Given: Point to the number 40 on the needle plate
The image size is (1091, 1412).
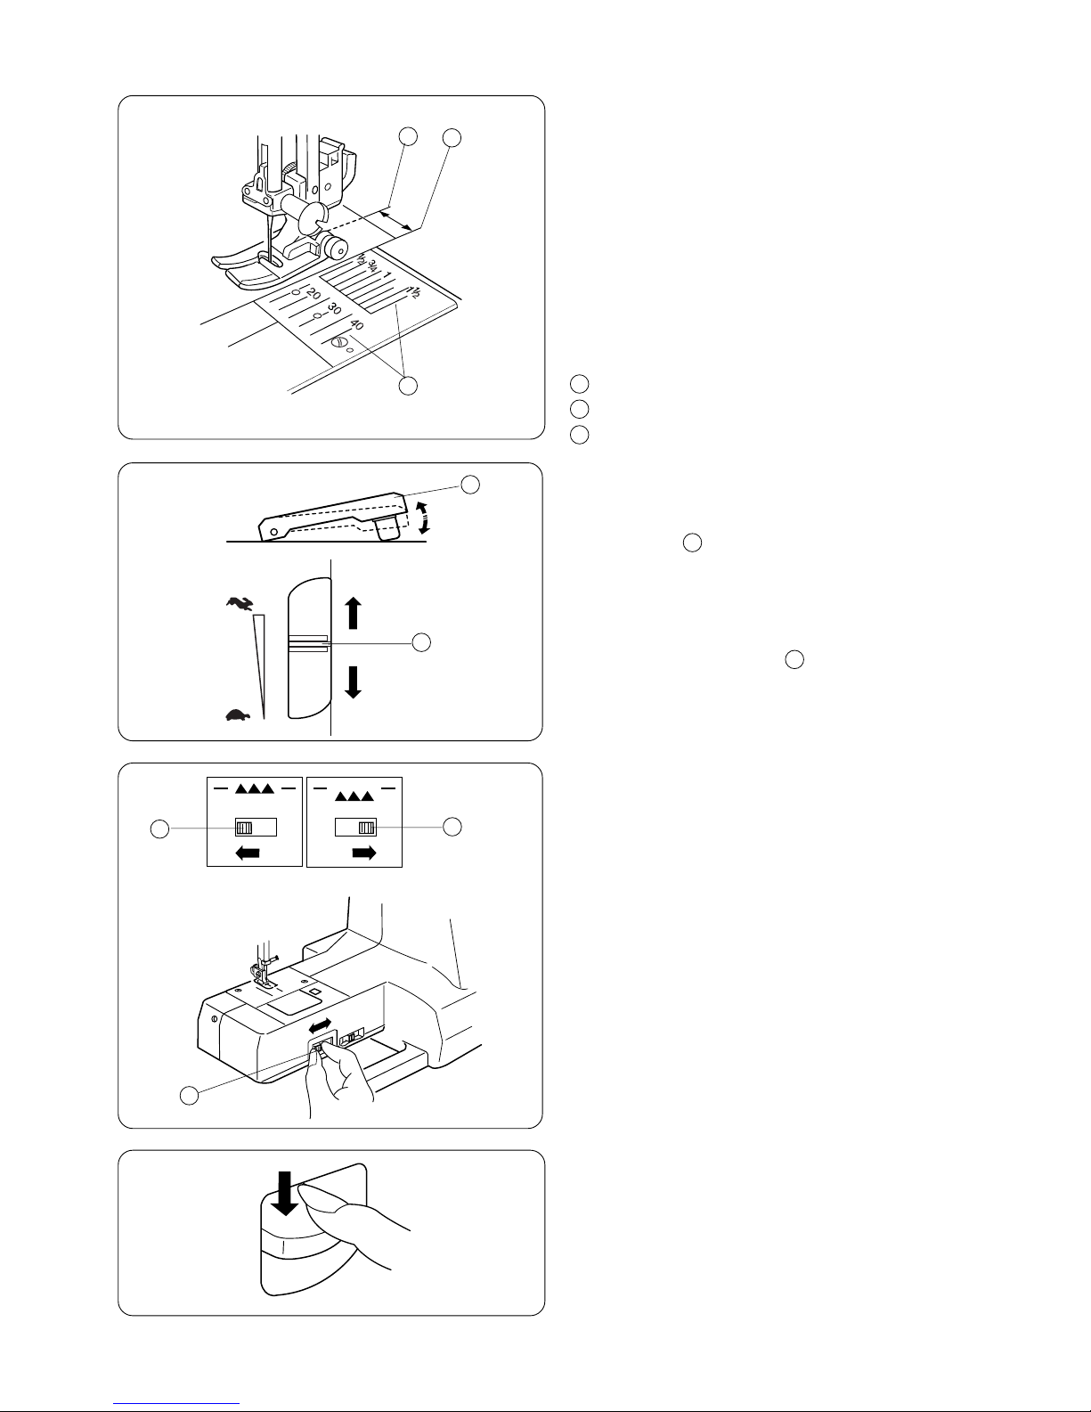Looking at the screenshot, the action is click(x=356, y=326).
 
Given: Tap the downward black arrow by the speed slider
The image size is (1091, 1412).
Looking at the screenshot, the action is click(x=354, y=682).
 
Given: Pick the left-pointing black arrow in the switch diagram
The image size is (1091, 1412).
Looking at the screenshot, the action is click(x=247, y=853).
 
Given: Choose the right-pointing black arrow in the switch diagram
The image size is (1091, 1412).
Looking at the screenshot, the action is click(x=364, y=853).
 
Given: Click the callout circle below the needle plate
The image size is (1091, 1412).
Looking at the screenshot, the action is click(x=407, y=387).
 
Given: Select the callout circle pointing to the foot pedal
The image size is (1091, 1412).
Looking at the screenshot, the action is click(x=471, y=484).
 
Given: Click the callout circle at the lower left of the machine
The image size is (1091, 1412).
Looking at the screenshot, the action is click(x=189, y=1096).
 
